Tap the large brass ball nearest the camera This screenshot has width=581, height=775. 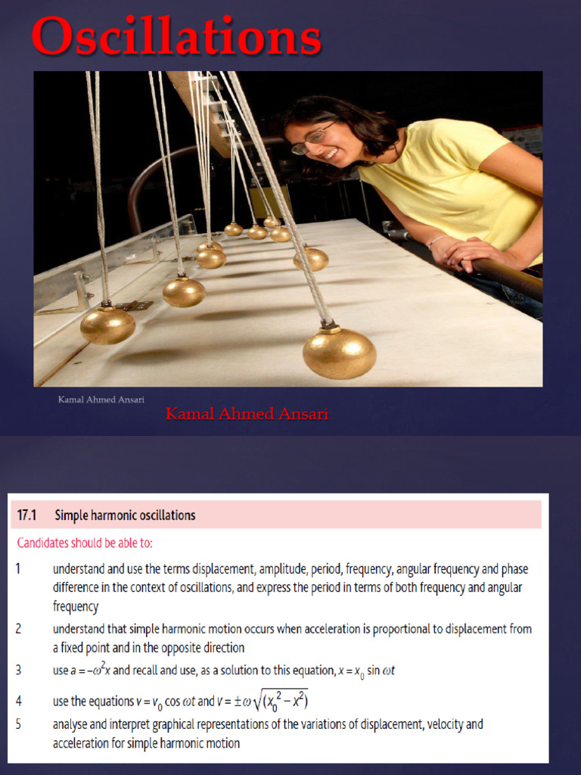coord(339,353)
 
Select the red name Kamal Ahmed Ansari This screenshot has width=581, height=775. coord(247,414)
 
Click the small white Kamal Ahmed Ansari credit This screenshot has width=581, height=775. coord(101,399)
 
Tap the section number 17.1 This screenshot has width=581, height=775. coord(28,515)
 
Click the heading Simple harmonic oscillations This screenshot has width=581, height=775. coord(125,515)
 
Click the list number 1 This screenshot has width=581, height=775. coord(19,568)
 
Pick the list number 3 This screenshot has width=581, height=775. coord(19,669)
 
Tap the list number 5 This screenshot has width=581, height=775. coord(19,724)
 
